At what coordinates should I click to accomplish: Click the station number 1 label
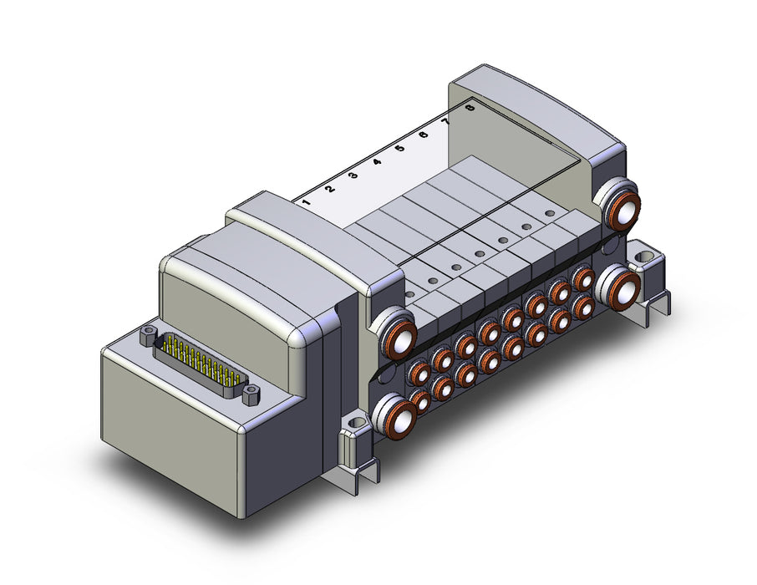(305, 201)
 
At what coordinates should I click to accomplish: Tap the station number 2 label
(330, 188)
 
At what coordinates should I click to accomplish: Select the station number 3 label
(353, 175)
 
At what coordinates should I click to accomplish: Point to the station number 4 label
(377, 161)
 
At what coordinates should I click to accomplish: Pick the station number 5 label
(399, 148)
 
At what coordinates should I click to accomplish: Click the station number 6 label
(424, 135)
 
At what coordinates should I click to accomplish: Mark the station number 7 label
(447, 121)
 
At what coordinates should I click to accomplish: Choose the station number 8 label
(470, 108)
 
